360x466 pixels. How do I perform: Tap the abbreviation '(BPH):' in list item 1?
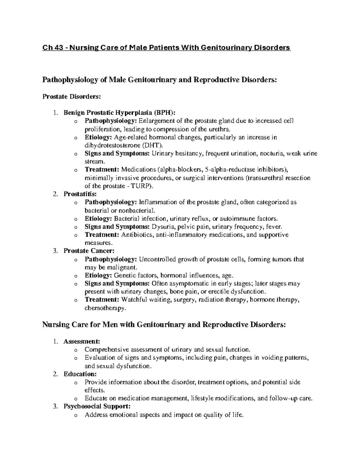click(164, 113)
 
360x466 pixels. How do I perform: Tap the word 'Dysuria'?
click(162, 227)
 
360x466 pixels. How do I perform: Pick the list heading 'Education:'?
click(80, 374)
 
